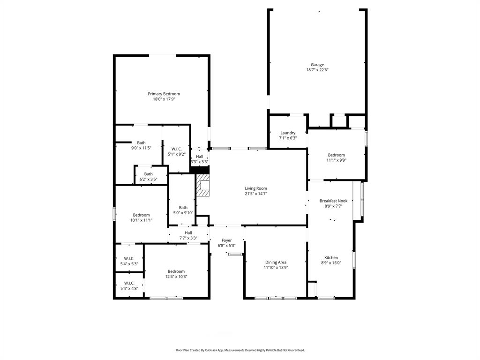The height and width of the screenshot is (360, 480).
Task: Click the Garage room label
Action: tap(317, 65)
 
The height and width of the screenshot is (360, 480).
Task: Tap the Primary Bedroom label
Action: tap(164, 94)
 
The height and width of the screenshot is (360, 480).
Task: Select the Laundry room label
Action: tap(288, 133)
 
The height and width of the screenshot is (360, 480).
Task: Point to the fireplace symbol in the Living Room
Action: tap(204, 186)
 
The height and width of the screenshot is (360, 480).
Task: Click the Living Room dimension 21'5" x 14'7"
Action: tap(256, 194)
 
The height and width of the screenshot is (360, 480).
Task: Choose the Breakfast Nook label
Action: tap(333, 201)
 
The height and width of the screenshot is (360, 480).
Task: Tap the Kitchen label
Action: tap(331, 257)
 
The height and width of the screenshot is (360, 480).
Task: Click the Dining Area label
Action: tap(276, 262)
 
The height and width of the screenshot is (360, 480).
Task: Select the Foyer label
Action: tap(227, 240)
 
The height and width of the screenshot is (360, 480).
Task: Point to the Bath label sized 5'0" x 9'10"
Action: tap(183, 208)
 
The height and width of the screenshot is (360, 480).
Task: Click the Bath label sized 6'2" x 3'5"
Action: tap(148, 174)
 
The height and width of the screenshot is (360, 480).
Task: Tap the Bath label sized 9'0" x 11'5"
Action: tap(141, 143)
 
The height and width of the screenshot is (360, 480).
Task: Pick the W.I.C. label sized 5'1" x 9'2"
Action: tap(177, 149)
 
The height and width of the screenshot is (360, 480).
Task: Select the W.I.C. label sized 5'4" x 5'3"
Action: tap(129, 258)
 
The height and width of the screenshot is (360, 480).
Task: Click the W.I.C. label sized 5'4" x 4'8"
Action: tap(129, 283)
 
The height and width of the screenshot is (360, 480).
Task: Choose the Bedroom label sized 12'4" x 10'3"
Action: tap(176, 271)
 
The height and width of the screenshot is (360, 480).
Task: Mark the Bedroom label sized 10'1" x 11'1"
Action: tap(141, 215)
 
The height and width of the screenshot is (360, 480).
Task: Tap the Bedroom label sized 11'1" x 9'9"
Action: tap(336, 155)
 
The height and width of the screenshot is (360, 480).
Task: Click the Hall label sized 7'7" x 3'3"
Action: tap(188, 232)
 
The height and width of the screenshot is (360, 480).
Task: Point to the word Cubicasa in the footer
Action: tap(214, 350)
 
